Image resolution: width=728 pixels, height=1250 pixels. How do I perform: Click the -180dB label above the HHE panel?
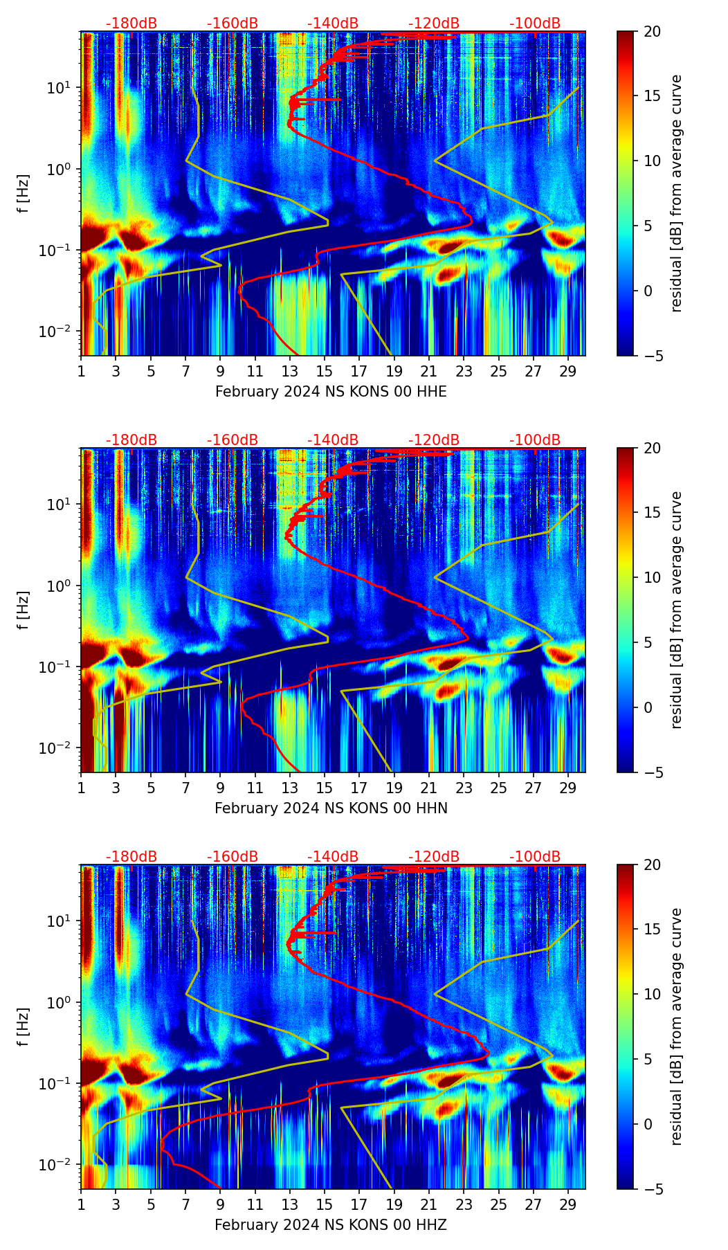click(131, 24)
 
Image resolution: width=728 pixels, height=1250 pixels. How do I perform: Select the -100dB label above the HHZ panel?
click(535, 857)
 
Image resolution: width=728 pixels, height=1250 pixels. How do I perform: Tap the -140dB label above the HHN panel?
click(333, 440)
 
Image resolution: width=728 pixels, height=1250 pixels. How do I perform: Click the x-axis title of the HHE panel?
click(331, 392)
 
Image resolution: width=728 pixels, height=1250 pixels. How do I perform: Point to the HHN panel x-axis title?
click(331, 808)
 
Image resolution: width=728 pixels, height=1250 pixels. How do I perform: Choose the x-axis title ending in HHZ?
click(331, 1225)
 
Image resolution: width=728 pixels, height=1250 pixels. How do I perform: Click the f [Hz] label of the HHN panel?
click(24, 610)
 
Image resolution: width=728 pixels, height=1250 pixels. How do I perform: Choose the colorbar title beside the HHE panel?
click(677, 193)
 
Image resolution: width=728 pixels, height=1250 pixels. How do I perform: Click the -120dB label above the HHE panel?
click(434, 24)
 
